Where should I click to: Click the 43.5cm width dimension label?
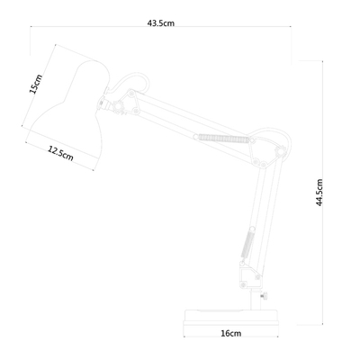(x=161, y=23)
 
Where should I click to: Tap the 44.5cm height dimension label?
(x=319, y=193)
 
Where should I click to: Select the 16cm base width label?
(x=231, y=333)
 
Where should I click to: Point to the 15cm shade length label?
(x=36, y=84)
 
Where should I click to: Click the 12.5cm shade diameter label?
(x=60, y=154)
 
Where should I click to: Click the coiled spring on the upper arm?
(x=223, y=139)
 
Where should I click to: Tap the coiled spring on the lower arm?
(x=247, y=242)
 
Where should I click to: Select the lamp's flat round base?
(x=231, y=319)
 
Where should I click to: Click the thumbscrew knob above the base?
(x=265, y=296)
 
